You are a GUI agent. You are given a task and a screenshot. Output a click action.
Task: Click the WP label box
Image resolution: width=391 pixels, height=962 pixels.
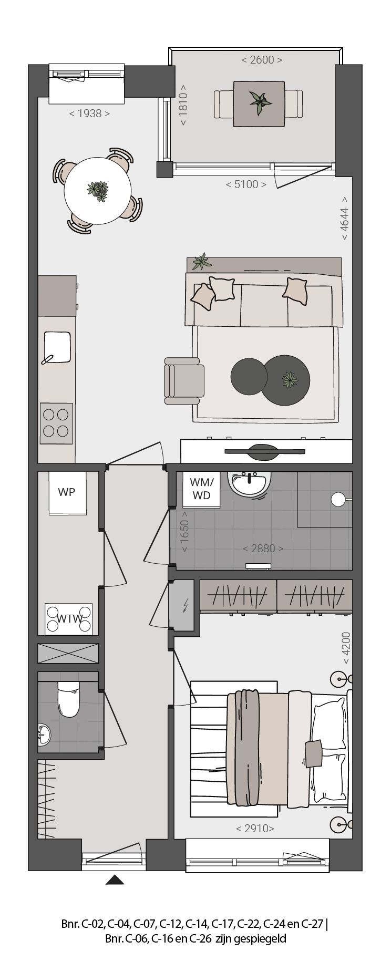coord(67,492)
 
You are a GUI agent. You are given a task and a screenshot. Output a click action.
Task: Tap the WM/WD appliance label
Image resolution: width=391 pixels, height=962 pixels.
coord(201,488)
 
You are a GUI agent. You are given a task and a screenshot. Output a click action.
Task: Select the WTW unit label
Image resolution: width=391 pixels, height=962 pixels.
coord(69,618)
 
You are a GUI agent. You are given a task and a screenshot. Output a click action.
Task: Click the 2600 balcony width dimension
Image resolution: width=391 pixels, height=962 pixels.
coord(262,60)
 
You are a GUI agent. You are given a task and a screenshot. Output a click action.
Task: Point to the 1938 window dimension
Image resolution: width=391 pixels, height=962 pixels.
coord(90,113)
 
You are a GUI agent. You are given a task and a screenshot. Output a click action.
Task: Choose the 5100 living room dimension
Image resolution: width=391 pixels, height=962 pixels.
coord(246,184)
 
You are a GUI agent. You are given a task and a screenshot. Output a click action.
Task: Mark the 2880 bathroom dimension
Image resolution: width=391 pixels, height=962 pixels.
coord(263,549)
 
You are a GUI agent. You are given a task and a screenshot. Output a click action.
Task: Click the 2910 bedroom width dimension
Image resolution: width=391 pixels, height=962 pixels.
coord(255,829)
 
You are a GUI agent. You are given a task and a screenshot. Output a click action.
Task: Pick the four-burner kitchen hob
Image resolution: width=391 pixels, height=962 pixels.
coord(57,423)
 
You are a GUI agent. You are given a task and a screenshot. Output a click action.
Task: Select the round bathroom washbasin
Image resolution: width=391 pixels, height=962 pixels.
coord(250,482)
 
